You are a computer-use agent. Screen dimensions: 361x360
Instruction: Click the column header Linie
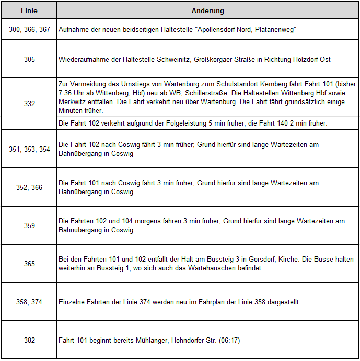pos(29,10)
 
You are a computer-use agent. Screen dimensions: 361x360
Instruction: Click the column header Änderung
pos(208,10)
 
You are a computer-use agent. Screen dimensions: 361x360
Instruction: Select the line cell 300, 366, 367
pos(29,30)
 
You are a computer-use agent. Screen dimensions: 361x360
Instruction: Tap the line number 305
pos(29,60)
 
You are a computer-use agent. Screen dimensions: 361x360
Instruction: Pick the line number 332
pos(29,104)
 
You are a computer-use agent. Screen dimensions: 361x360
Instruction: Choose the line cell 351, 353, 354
pos(29,149)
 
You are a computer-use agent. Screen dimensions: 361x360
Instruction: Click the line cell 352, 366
pos(29,187)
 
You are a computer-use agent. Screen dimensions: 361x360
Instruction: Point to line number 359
pos(29,225)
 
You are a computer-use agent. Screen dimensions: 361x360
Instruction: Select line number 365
pos(29,264)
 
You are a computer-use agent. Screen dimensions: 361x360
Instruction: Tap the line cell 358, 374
pos(29,302)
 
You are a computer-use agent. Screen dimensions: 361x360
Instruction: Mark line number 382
pos(29,340)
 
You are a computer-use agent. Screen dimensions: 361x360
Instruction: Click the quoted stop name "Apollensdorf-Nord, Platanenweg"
pos(245,30)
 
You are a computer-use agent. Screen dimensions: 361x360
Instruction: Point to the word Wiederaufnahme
pos(83,60)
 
